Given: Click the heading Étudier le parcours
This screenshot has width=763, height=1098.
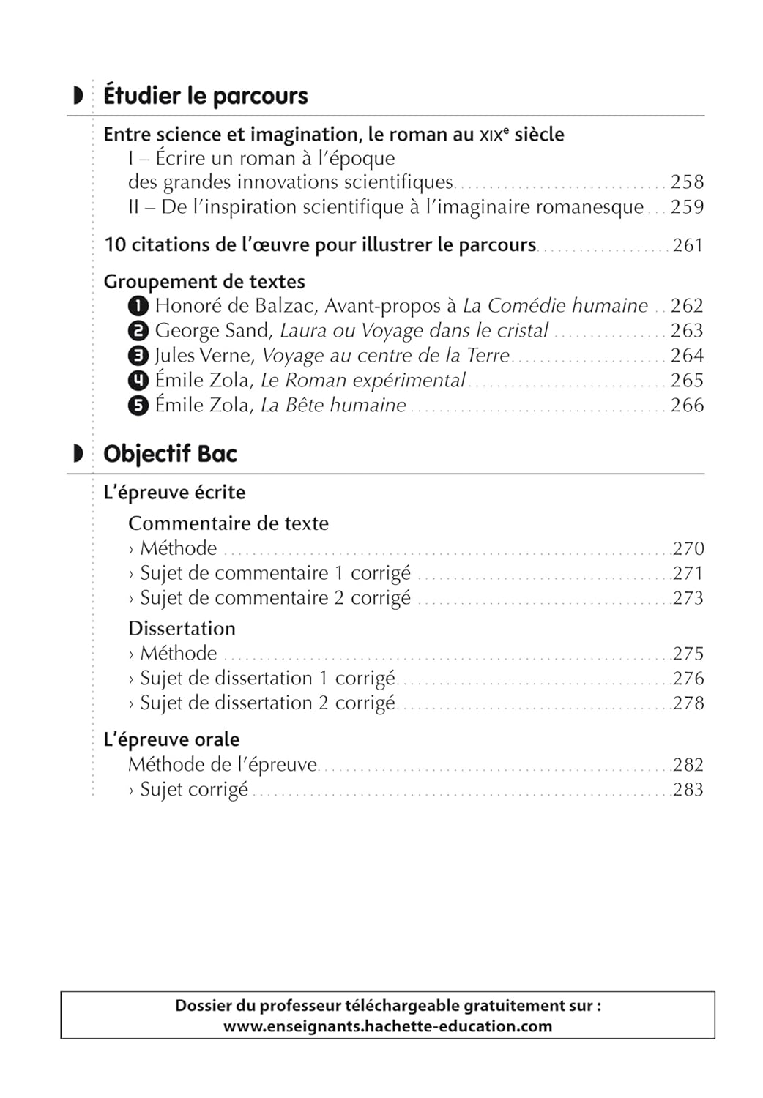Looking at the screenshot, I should click(x=206, y=96).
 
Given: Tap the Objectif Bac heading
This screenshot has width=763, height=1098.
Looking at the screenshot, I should click(x=171, y=454).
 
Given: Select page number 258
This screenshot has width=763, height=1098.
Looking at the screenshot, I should click(x=687, y=182).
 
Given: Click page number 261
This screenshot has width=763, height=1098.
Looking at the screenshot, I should click(x=688, y=245).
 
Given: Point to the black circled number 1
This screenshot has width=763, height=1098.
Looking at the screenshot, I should click(x=138, y=306).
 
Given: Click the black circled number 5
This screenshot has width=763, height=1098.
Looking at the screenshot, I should click(x=138, y=406).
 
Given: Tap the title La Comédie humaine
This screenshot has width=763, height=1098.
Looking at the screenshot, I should click(x=555, y=306).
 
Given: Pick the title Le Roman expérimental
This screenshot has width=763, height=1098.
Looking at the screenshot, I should click(x=363, y=381).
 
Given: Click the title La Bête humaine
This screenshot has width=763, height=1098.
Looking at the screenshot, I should click(x=333, y=406).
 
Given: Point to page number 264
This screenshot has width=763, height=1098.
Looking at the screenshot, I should click(x=687, y=356).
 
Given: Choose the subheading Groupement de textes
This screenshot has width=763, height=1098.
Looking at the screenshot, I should click(x=204, y=282).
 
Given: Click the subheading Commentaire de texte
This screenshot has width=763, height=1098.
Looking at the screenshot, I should click(x=228, y=523).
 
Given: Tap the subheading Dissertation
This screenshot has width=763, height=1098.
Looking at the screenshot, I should click(x=182, y=629).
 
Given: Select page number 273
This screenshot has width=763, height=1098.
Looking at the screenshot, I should click(x=688, y=598).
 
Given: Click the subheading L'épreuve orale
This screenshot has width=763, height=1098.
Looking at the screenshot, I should click(x=171, y=739).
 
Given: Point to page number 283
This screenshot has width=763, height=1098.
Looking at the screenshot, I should click(x=688, y=790).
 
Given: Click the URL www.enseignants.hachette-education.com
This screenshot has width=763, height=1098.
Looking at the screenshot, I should click(x=387, y=1026).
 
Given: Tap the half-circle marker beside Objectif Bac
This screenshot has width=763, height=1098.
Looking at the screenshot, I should click(x=78, y=454).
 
